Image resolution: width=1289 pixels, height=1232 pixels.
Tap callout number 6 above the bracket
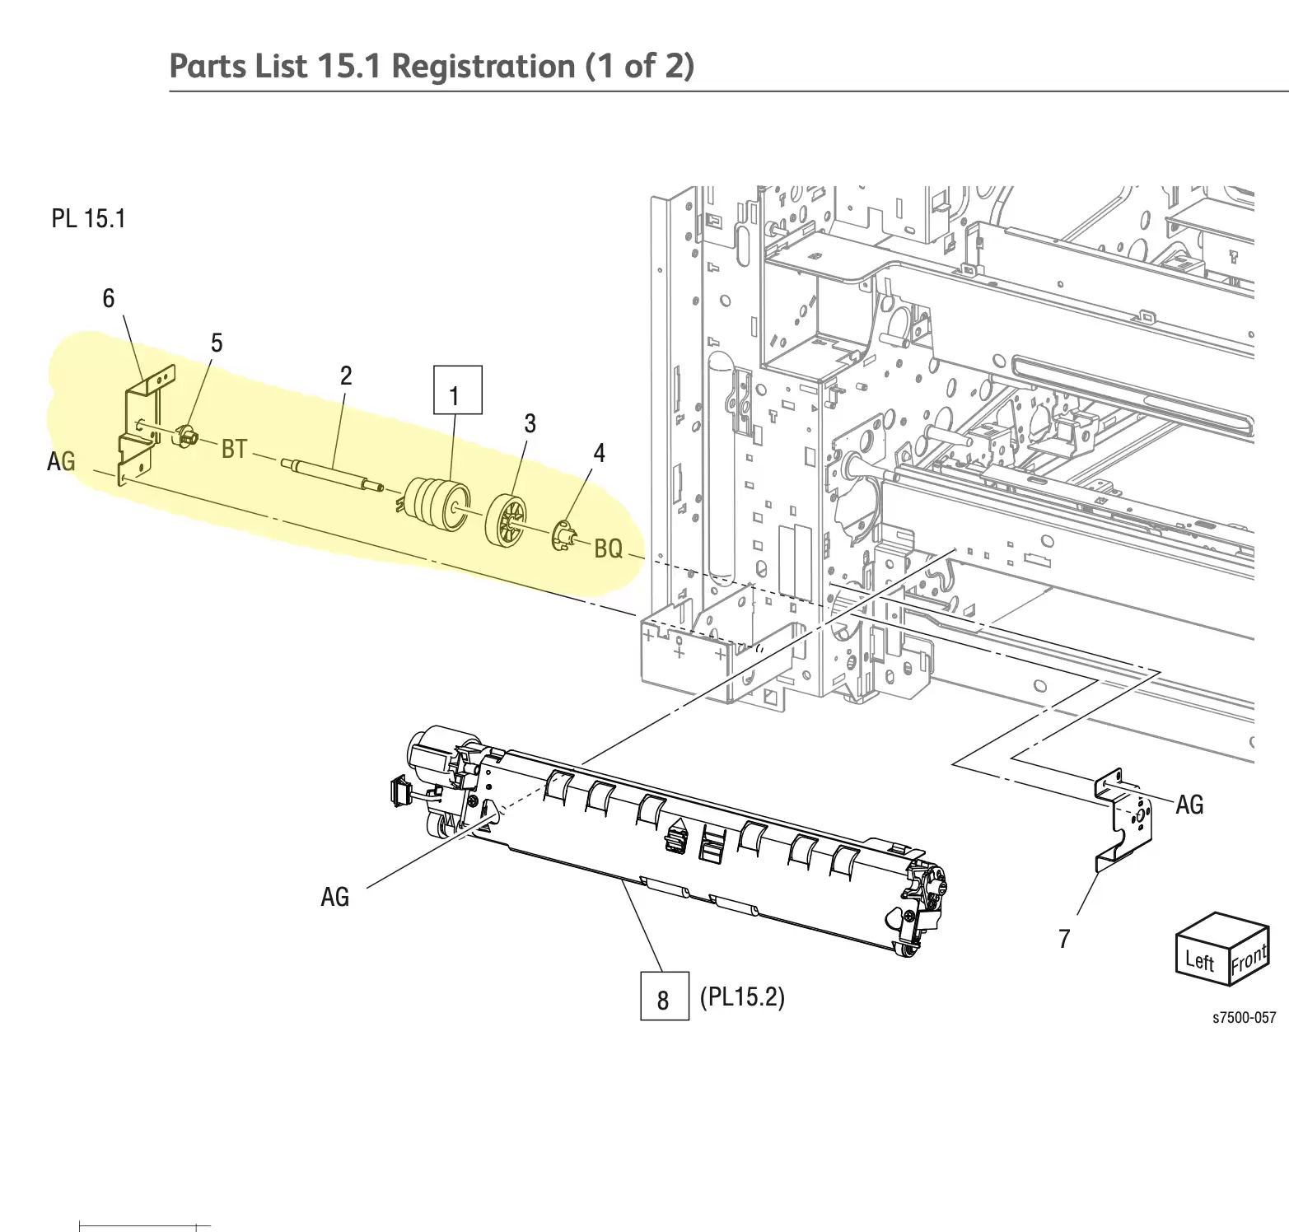[108, 298]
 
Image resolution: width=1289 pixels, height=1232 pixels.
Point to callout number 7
[1064, 939]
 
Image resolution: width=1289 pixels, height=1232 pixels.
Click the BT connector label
[234, 449]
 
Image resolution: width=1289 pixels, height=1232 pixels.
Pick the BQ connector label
[608, 548]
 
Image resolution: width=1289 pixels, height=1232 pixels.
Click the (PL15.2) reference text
[741, 997]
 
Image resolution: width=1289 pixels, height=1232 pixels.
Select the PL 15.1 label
[88, 219]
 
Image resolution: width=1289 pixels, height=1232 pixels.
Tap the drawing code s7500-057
[1244, 1018]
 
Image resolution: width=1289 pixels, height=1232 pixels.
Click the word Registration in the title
[483, 66]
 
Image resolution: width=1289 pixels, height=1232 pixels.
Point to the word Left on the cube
[1200, 960]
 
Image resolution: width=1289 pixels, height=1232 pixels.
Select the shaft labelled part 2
[333, 474]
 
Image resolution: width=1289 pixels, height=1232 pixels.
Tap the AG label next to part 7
[1189, 805]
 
